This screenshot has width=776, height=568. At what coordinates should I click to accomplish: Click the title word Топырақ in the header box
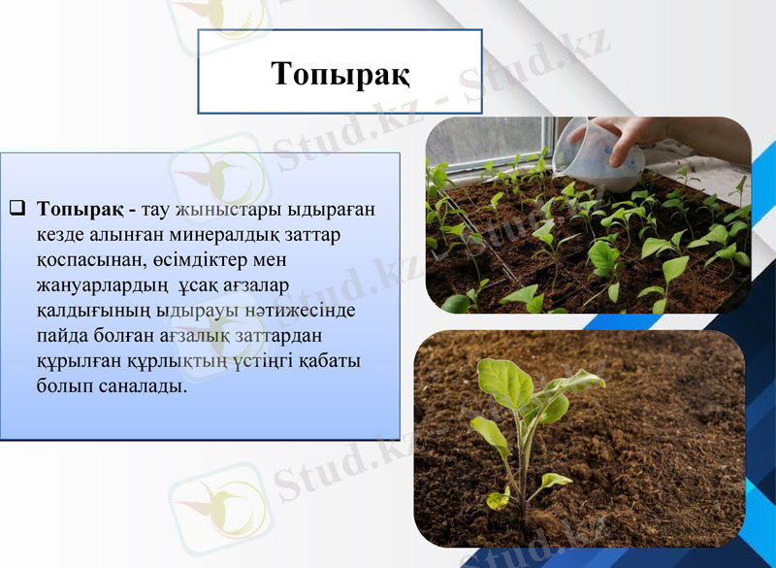point(339,73)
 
